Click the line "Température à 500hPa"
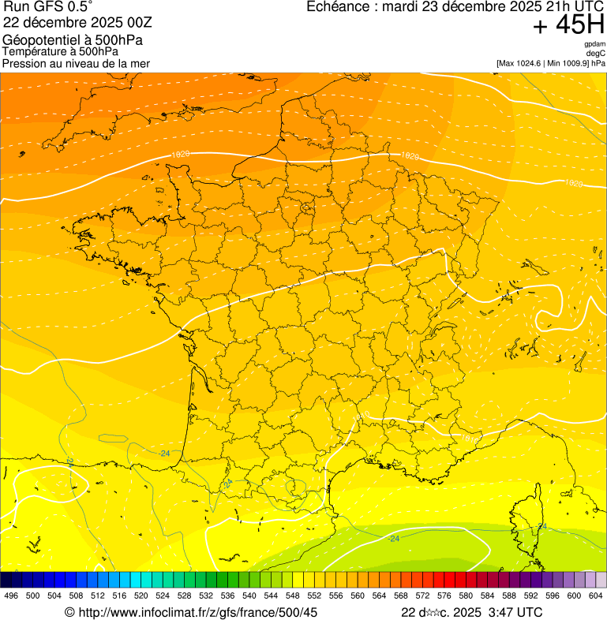pos(60,51)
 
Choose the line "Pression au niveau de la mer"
pos(76,63)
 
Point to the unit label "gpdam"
pos(595,44)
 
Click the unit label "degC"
pos(596,53)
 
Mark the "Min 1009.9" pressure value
pos(570,63)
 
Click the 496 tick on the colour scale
pos(11,596)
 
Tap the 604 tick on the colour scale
pos(596,596)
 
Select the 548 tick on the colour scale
pos(293,596)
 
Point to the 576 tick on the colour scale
pos(444,596)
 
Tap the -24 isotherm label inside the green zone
pos(394,539)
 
